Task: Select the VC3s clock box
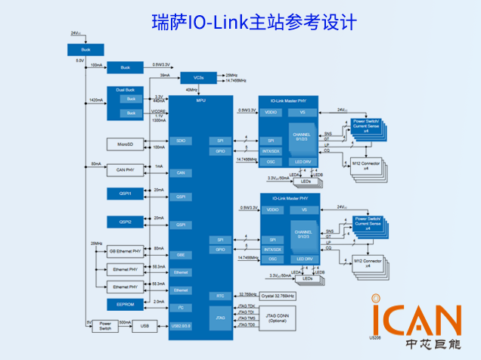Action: coord(198,77)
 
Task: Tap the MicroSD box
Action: coord(125,144)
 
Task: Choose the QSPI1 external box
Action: coord(125,194)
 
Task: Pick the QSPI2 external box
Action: coord(125,222)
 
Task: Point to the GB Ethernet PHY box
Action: coord(125,250)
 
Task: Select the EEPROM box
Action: coord(125,303)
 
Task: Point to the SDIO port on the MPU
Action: coord(180,141)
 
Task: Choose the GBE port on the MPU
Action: coord(180,255)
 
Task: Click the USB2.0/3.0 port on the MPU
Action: coord(180,326)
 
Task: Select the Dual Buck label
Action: coord(126,90)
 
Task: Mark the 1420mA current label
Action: coord(96,99)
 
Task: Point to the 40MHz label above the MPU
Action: coord(192,90)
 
